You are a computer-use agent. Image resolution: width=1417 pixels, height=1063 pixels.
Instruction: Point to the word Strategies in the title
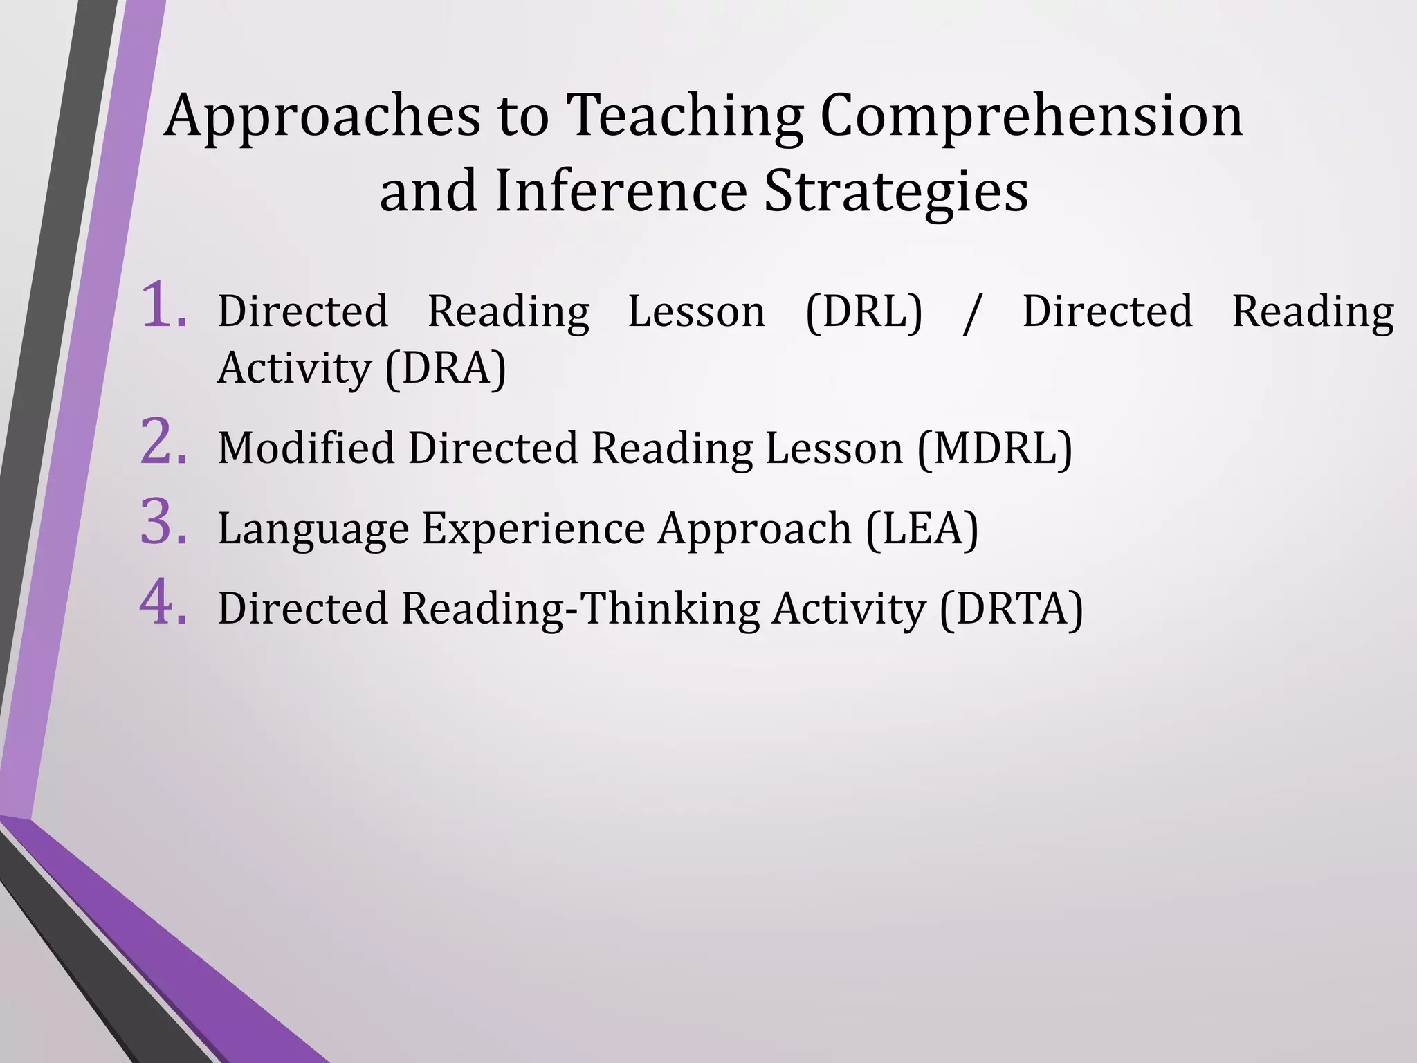(895, 192)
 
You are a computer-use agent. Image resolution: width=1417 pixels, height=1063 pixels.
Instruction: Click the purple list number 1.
(163, 305)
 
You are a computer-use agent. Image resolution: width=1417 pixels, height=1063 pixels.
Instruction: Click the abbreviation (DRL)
(864, 311)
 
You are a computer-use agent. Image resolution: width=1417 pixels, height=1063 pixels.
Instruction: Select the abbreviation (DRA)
(446, 368)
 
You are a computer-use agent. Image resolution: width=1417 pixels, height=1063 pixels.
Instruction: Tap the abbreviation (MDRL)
(995, 448)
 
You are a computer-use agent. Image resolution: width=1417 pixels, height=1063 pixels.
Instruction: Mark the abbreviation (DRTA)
(1011, 609)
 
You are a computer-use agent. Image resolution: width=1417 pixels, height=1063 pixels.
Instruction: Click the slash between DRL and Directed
(972, 313)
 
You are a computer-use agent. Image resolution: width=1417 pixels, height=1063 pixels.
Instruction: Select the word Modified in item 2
(306, 448)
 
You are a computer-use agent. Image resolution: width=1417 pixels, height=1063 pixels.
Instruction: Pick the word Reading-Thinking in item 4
(580, 610)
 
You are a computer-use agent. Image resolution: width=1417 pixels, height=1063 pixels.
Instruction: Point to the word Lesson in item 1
(696, 311)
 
